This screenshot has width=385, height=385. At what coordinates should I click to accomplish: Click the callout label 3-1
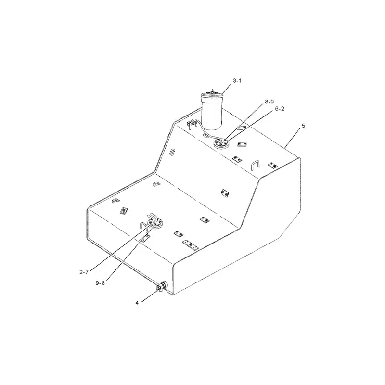(237, 81)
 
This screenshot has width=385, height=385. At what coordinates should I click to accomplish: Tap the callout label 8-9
(269, 103)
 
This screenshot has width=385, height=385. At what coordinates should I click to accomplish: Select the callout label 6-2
(280, 109)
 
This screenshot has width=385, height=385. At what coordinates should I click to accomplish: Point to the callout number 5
(303, 126)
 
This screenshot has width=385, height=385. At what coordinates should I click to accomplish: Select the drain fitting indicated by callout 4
(161, 287)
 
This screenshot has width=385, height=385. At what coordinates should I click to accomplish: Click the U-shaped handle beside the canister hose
(192, 125)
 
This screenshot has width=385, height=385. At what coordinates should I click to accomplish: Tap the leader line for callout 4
(148, 295)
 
